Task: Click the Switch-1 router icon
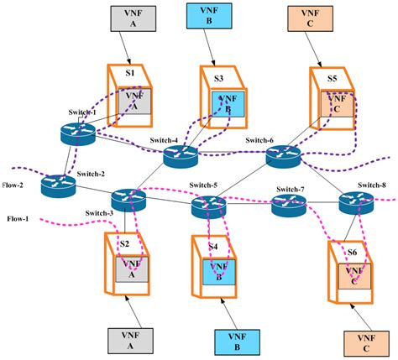pyautogui.click(x=80, y=131)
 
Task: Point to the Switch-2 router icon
pyautogui.click(x=58, y=185)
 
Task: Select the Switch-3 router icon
pyautogui.click(x=128, y=200)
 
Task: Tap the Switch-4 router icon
pyautogui.click(x=179, y=154)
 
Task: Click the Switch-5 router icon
pyautogui.click(x=208, y=205)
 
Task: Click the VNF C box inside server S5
pyautogui.click(x=333, y=105)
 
